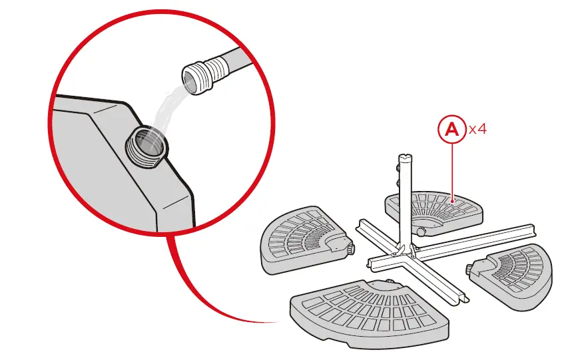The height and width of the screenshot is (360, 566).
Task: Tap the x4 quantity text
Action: tap(478, 130)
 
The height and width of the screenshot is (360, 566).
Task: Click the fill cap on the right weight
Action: tap(473, 270)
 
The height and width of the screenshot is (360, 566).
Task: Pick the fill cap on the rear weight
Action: tap(422, 232)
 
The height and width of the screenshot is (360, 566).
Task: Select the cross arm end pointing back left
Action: tap(362, 224)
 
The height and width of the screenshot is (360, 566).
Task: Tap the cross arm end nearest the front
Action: tap(457, 300)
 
